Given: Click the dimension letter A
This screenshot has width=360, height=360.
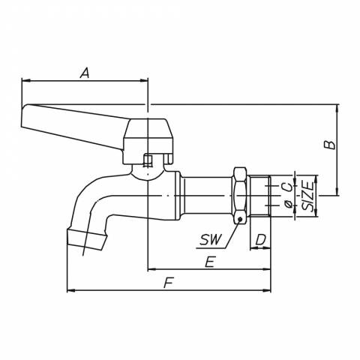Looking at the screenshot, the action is (85, 73).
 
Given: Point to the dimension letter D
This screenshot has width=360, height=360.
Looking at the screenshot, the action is (260, 240).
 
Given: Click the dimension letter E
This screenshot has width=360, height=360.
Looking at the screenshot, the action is (209, 262).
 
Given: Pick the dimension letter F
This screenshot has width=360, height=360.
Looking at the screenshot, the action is (169, 283).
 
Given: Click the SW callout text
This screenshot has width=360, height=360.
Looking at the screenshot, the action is (211, 240).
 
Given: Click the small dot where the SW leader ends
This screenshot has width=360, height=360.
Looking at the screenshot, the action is (240, 220).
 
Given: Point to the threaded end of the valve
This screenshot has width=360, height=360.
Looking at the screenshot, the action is (260, 196).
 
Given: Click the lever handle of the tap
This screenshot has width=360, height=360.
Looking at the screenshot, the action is (73, 127).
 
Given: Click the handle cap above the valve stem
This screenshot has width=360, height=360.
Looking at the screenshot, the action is (148, 142).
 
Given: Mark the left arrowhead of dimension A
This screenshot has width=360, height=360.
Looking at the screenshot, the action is (25, 80).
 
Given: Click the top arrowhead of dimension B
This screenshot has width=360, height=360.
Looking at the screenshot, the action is (337, 109).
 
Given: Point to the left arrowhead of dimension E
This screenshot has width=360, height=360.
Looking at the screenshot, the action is (152, 269).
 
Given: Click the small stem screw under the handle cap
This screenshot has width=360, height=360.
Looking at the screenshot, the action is (148, 160).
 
